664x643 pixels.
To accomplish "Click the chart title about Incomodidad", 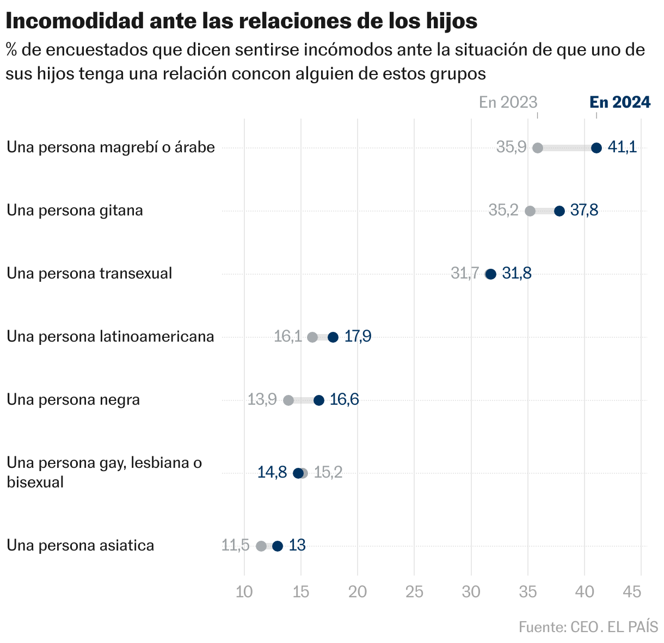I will pyautogui.click(x=242, y=21).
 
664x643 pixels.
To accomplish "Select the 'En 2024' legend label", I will pyautogui.click(x=620, y=102).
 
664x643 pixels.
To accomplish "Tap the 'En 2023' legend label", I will pyautogui.click(x=508, y=102).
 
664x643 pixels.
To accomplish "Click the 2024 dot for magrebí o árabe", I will pyautogui.click(x=597, y=148).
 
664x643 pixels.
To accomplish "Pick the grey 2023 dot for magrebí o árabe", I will pyautogui.click(x=538, y=148).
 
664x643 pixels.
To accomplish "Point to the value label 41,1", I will pyautogui.click(x=622, y=147).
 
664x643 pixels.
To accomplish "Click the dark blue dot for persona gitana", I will pyautogui.click(x=560, y=211).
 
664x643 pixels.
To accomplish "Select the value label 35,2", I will pyautogui.click(x=503, y=211).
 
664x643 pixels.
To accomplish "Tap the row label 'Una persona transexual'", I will pyautogui.click(x=89, y=273).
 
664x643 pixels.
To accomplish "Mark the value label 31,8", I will pyautogui.click(x=517, y=274).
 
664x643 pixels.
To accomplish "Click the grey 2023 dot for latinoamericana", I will pyautogui.click(x=312, y=337).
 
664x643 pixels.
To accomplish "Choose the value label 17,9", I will pyautogui.click(x=358, y=337).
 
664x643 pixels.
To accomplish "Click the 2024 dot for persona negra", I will pyautogui.click(x=319, y=400).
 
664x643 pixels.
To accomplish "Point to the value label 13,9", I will pyautogui.click(x=262, y=400).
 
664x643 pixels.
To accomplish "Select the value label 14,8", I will pyautogui.click(x=272, y=473).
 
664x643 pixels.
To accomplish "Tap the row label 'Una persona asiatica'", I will pyautogui.click(x=81, y=545).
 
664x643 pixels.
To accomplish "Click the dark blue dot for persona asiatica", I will pyautogui.click(x=278, y=546).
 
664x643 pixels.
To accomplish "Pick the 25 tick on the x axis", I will pyautogui.click(x=414, y=592).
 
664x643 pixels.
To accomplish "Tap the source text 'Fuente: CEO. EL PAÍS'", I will pyautogui.click(x=588, y=627).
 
